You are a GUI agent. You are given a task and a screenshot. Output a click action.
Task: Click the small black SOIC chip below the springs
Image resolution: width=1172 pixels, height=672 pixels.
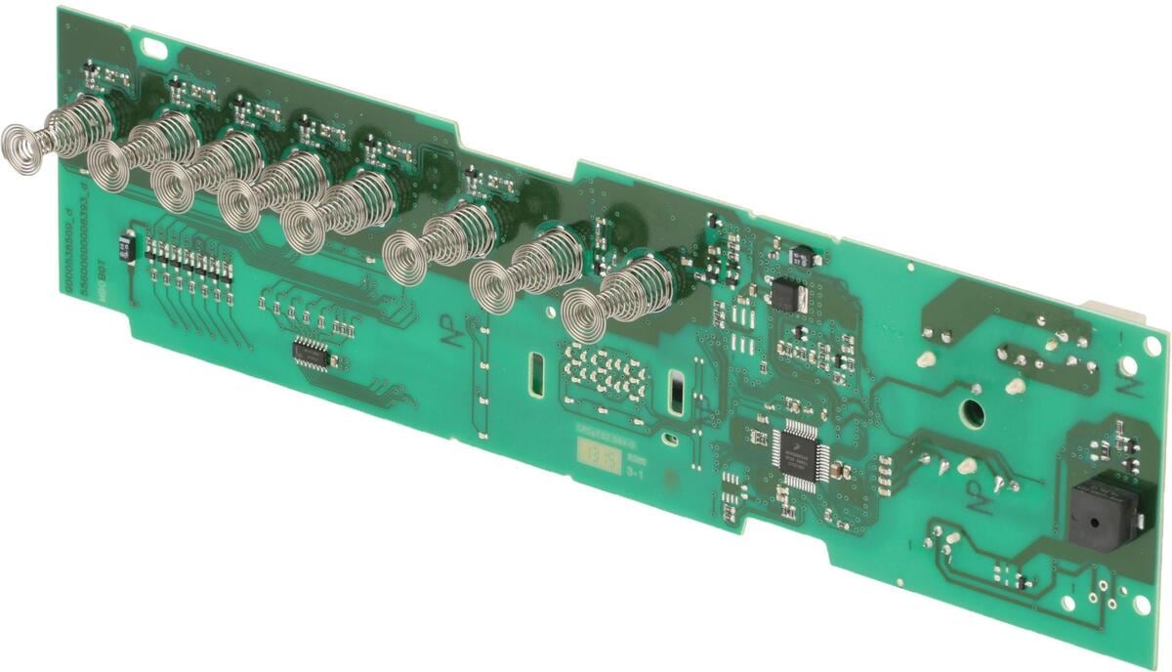pyautogui.click(x=315, y=354)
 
